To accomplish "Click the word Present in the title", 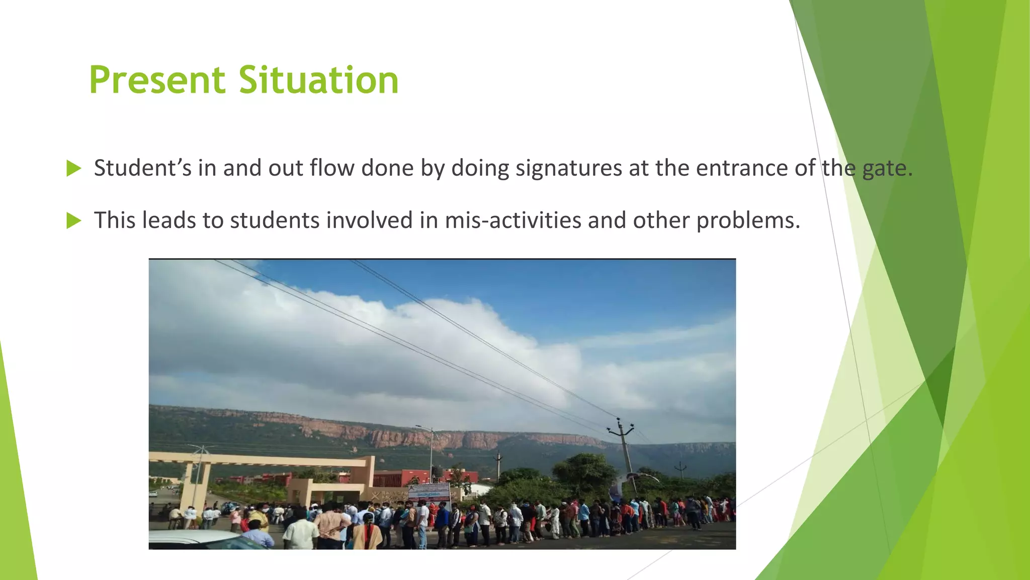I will pyautogui.click(x=157, y=81).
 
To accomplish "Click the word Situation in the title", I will pyautogui.click(x=318, y=81).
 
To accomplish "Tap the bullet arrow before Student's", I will pyautogui.click(x=73, y=169).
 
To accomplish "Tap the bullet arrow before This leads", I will pyautogui.click(x=73, y=221).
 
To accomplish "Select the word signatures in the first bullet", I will pyautogui.click(x=568, y=169).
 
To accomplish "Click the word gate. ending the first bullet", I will pyautogui.click(x=887, y=169).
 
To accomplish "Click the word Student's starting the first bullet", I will pyautogui.click(x=142, y=169).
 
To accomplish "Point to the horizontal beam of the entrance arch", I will pyautogui.click(x=262, y=459).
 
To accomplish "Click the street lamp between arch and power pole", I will pyautogui.click(x=431, y=453).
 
